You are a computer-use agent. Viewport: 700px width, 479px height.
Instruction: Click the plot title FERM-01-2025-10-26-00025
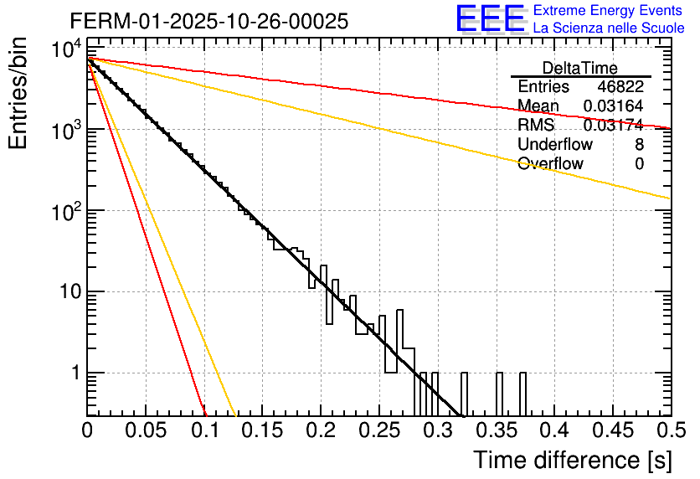(x=208, y=22)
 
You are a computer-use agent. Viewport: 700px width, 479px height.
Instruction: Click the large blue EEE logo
(x=490, y=19)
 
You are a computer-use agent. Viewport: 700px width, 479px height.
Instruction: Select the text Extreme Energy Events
(x=609, y=11)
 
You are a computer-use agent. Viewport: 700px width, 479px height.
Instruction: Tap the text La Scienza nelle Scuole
(x=609, y=28)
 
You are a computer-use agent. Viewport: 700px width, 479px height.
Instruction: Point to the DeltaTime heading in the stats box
(x=580, y=68)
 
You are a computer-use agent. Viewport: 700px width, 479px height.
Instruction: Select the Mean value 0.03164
(x=613, y=106)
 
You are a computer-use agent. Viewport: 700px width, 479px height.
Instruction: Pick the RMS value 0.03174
(x=613, y=126)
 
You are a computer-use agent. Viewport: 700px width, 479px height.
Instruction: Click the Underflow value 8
(x=639, y=145)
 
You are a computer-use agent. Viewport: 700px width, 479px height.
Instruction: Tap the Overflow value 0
(x=639, y=164)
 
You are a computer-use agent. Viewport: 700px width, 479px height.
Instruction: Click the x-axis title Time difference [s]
(x=573, y=460)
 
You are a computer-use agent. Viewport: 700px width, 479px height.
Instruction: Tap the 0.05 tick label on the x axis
(x=146, y=430)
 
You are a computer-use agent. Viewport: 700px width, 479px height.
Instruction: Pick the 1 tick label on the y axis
(x=74, y=373)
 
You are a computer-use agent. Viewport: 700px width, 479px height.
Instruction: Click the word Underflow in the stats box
(x=550, y=145)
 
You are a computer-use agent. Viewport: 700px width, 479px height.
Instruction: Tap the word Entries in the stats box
(x=543, y=87)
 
